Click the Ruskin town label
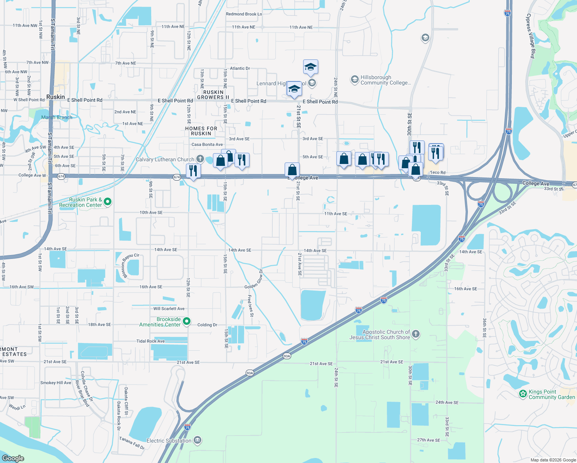tap(56, 97)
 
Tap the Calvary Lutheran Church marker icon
tap(200, 159)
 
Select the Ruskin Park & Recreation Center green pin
tap(108, 201)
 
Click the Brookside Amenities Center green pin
tap(187, 321)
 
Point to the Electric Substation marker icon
tap(197, 440)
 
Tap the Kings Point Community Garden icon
tap(523, 394)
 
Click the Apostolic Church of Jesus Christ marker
tap(416, 334)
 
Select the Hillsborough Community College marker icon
tap(354, 79)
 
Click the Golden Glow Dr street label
tap(254, 279)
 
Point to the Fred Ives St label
tap(251, 306)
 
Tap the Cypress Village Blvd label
tap(531, 36)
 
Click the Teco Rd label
tap(437, 172)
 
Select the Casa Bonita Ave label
tap(207, 145)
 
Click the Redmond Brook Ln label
tap(244, 14)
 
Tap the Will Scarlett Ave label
tap(169, 309)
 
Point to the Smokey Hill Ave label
tap(56, 383)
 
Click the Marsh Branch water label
tap(57, 117)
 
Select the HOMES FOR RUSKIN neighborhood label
tap(201, 131)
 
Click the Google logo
tap(13, 458)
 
